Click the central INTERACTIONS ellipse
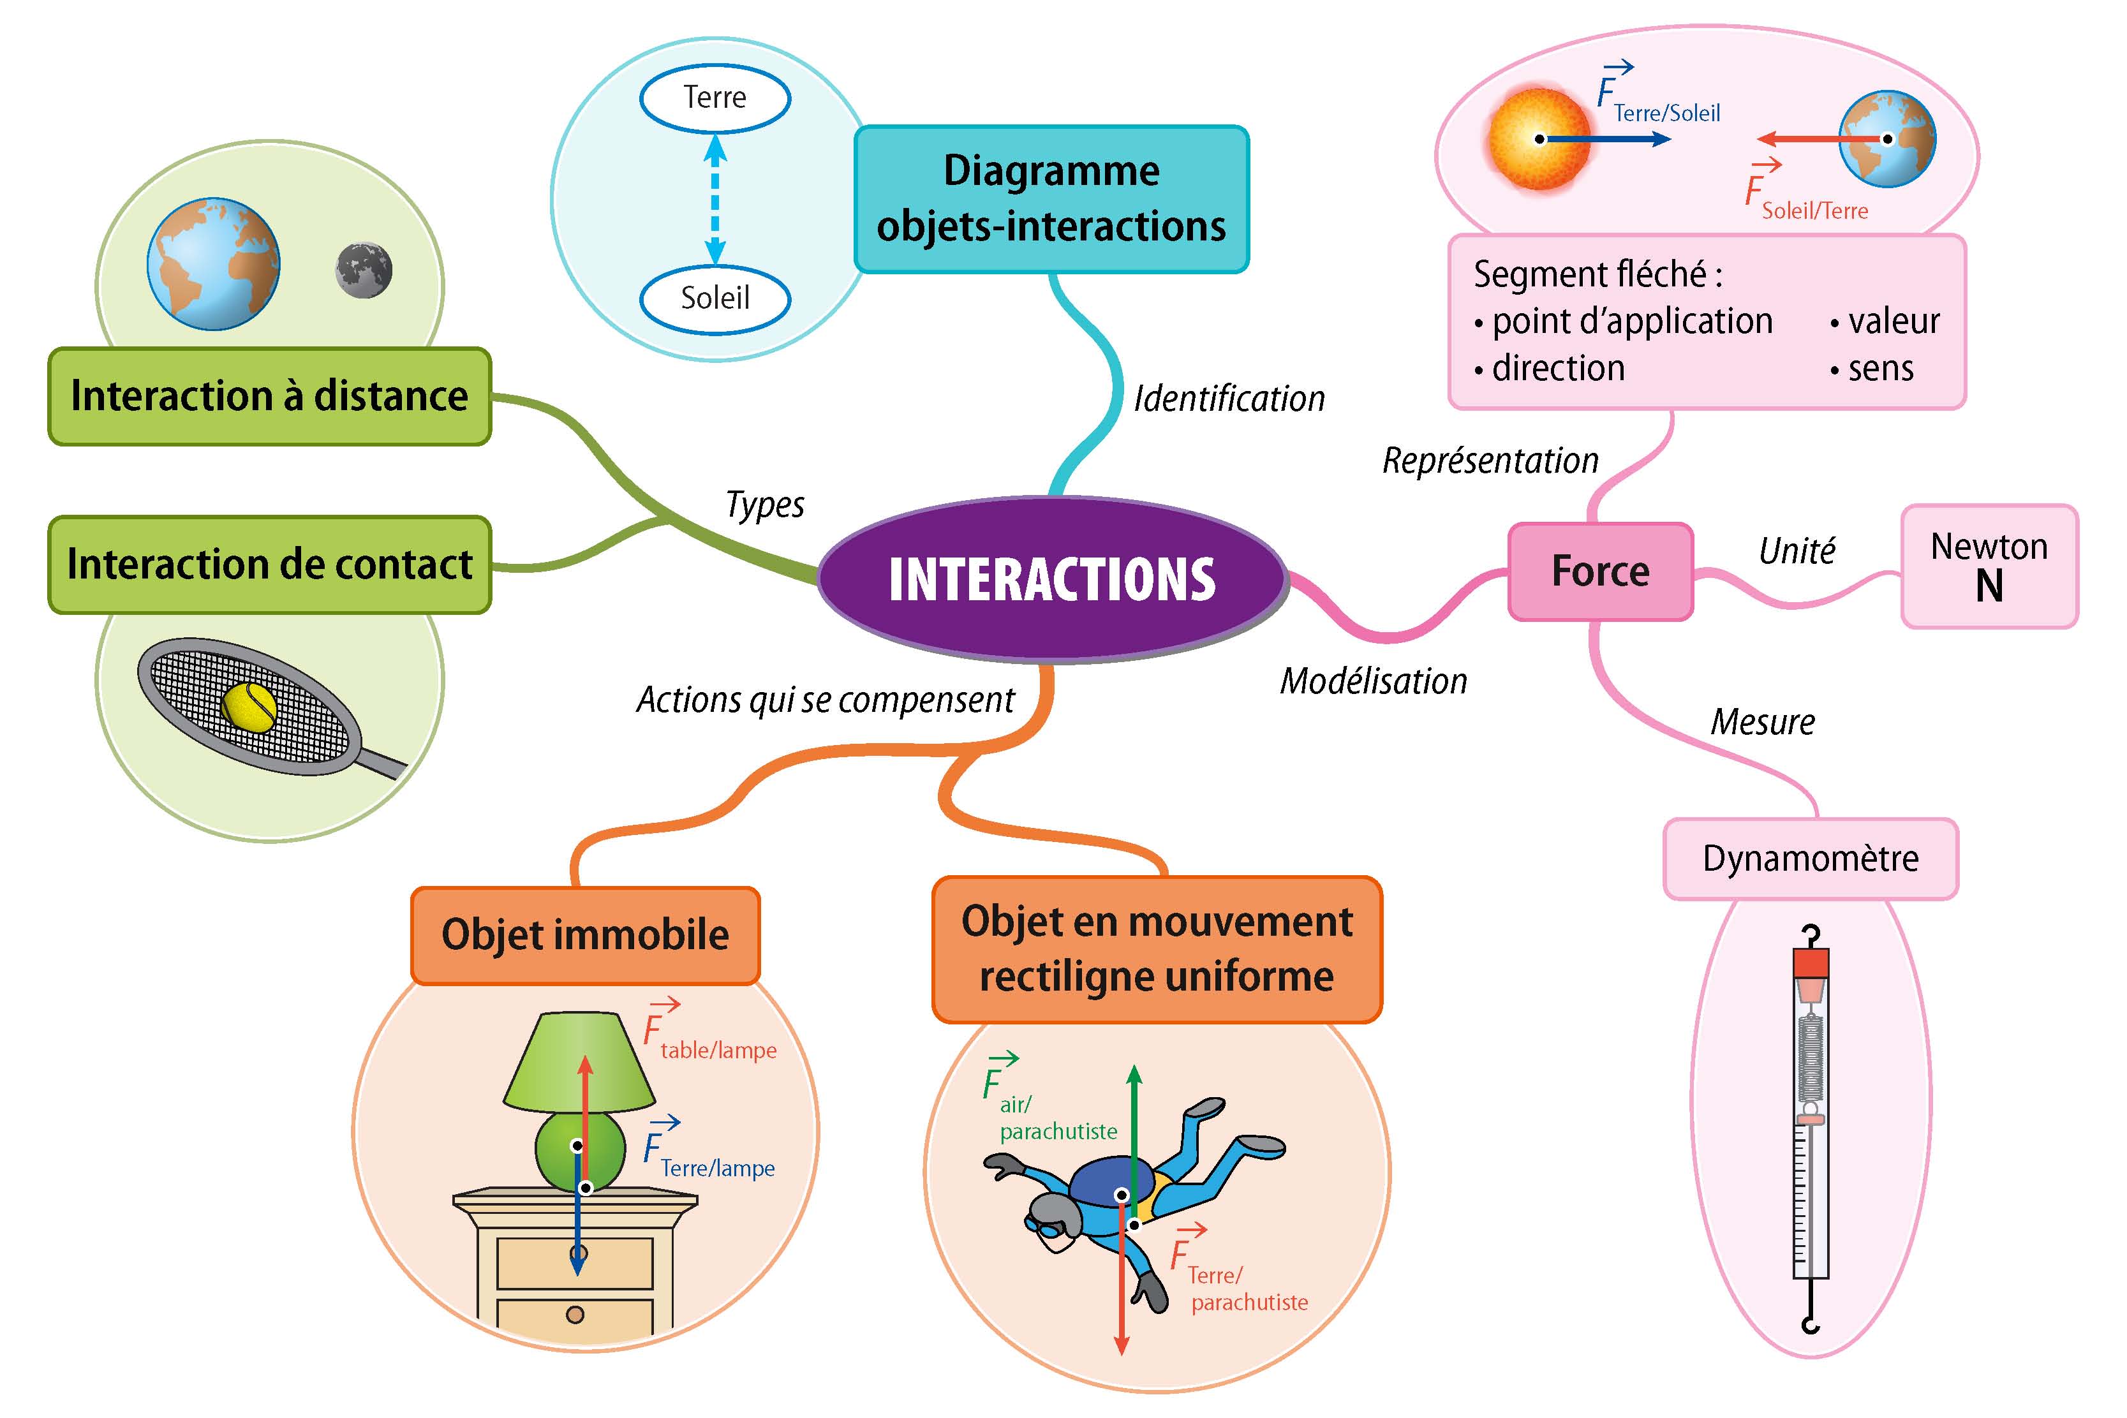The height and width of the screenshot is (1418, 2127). pos(1052,579)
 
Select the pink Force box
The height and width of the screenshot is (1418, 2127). pos(1600,572)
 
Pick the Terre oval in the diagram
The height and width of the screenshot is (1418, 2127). pos(715,98)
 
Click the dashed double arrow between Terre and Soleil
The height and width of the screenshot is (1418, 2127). pos(715,199)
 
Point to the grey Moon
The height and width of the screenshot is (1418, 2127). pos(364,269)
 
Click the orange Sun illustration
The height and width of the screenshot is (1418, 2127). pos(1538,139)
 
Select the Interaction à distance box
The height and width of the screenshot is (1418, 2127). pos(269,396)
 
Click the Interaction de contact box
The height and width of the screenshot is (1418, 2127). pos(269,565)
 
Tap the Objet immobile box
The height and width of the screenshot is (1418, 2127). pos(585,935)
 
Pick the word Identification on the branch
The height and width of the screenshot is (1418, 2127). pos(1229,399)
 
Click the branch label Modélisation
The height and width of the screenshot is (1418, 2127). pos(1373,681)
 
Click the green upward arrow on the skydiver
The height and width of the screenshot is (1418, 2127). pos(1134,1121)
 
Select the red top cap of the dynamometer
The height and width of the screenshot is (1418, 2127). pos(1811,963)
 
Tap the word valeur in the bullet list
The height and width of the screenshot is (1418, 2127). pos(1894,321)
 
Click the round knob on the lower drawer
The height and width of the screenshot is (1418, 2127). pos(575,1314)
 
